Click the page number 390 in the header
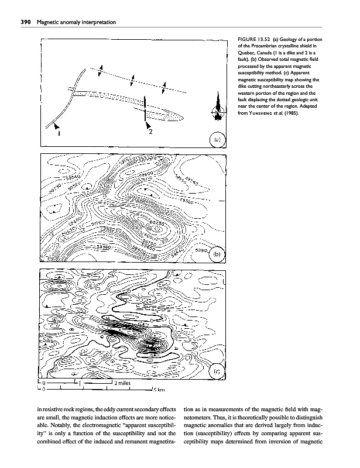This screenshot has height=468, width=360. pyautogui.click(x=25, y=22)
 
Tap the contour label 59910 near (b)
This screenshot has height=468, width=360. pyautogui.click(x=202, y=249)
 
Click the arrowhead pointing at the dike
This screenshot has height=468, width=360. pyautogui.click(x=54, y=125)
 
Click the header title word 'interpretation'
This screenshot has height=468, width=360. pyautogui.click(x=100, y=22)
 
